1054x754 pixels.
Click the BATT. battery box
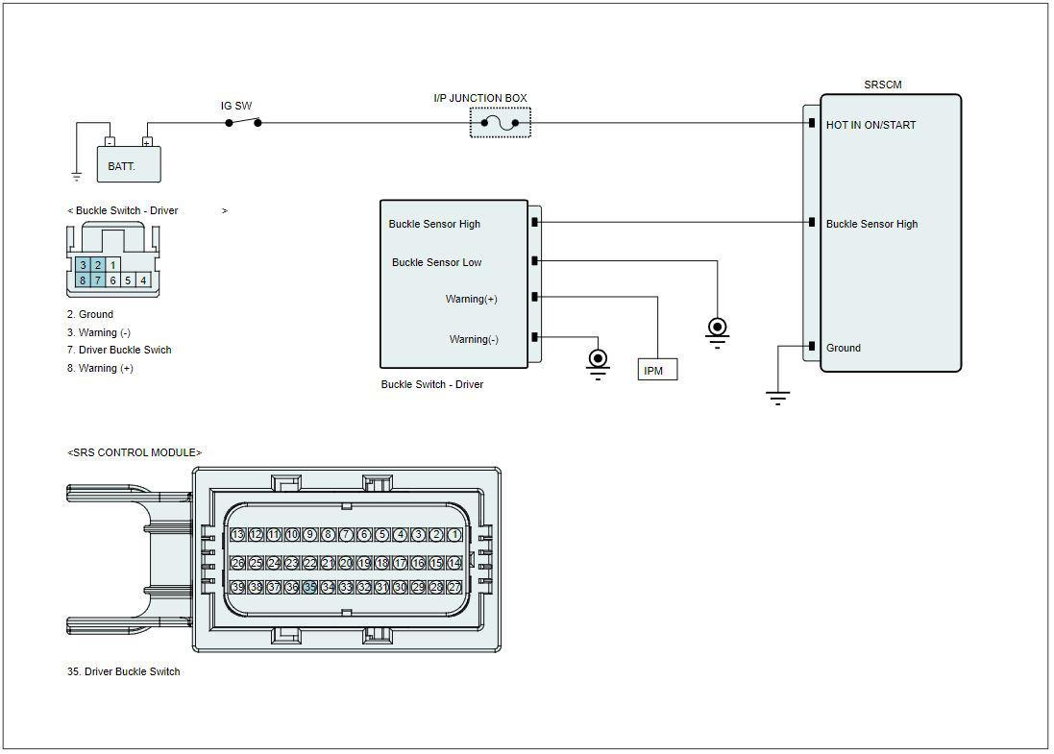[x=129, y=164]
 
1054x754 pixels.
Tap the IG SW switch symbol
[x=243, y=122]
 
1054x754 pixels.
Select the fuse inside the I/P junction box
[x=501, y=123]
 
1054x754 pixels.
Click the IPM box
[x=657, y=371]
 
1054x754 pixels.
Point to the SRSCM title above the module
[x=883, y=85]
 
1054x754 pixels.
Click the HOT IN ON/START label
[x=870, y=125]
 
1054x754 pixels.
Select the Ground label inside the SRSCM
[x=843, y=348]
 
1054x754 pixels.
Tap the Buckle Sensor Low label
[x=437, y=263]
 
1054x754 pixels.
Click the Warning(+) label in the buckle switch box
[x=471, y=299]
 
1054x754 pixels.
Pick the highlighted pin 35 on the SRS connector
[x=310, y=587]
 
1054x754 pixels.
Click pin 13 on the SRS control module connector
[x=237, y=535]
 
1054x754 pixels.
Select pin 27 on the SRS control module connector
[x=454, y=587]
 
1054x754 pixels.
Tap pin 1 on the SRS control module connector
[x=454, y=535]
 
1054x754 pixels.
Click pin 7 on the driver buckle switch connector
[x=97, y=280]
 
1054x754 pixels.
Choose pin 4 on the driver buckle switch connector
[x=143, y=280]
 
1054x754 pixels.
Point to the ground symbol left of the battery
[x=77, y=177]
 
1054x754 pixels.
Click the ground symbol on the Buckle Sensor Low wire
[x=717, y=332]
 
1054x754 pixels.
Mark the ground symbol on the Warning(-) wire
[x=598, y=364]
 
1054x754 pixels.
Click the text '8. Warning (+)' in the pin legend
[x=100, y=368]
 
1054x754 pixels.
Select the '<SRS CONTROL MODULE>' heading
[x=135, y=453]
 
